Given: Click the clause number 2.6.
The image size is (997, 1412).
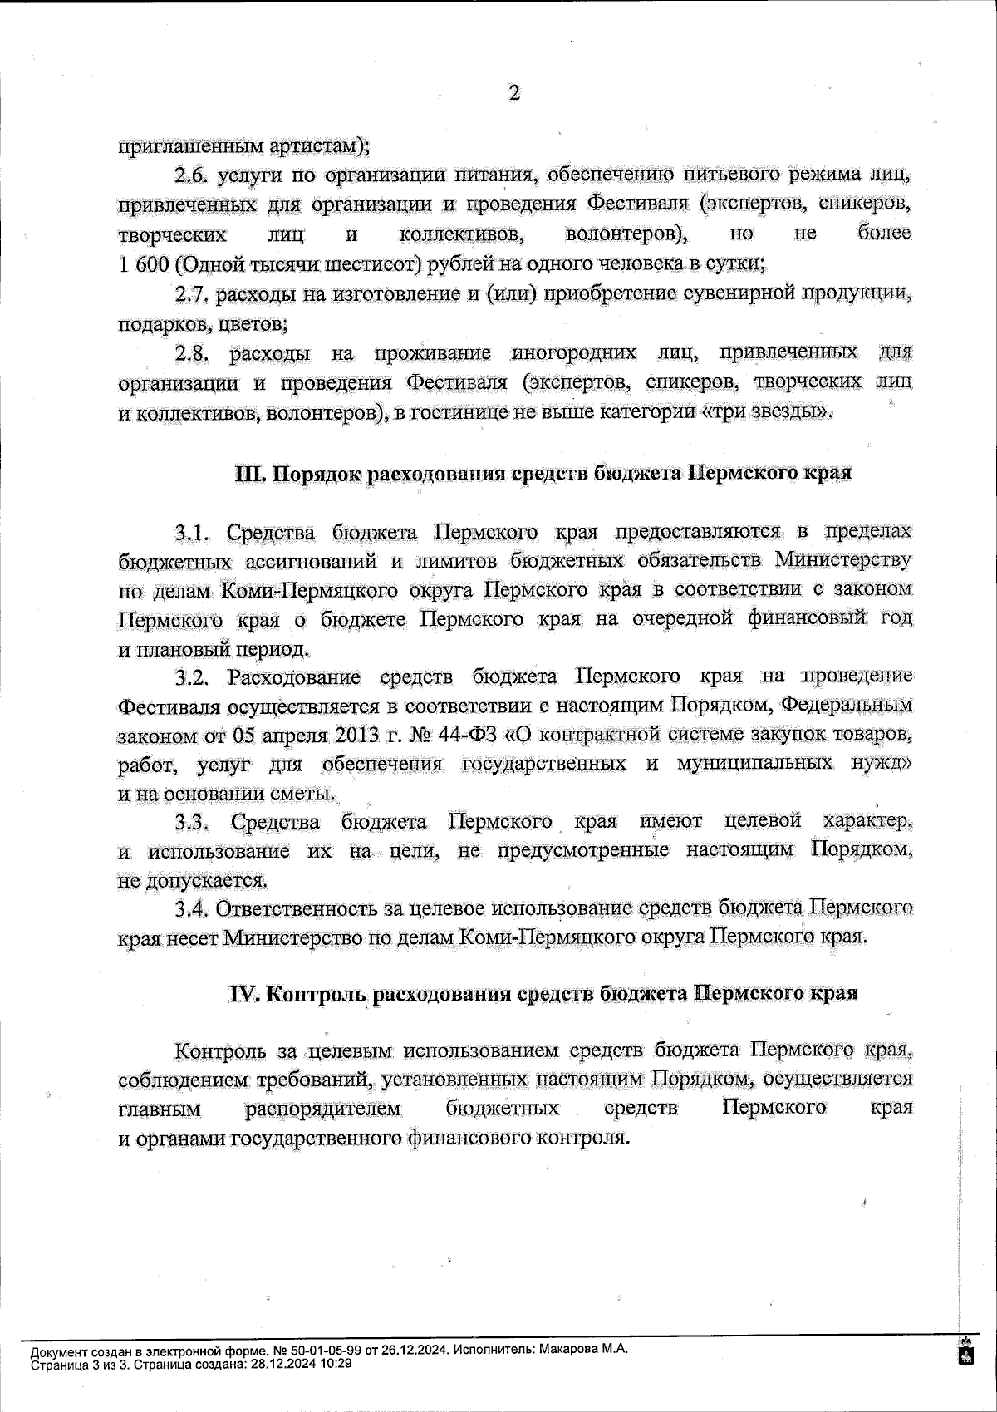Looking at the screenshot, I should (195, 176).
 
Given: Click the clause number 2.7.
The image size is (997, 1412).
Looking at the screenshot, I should (195, 294).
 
